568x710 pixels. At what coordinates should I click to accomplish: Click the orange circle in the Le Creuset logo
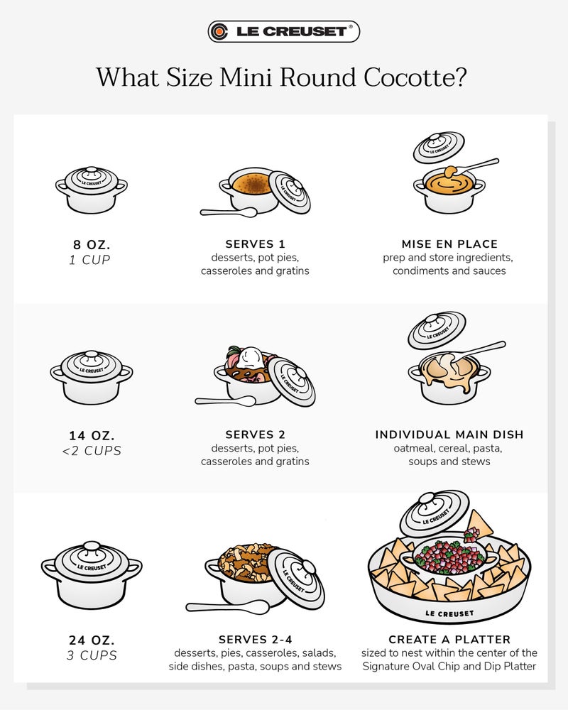pos(220,31)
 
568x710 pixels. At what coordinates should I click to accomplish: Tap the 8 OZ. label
pos(91,244)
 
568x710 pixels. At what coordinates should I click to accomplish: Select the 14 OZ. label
pos(91,435)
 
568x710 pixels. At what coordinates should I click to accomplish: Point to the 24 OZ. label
pos(91,638)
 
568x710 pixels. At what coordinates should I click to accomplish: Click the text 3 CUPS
pos(91,655)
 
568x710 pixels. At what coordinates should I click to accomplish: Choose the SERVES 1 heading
pos(255,244)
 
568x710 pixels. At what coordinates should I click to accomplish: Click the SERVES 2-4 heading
pos(255,639)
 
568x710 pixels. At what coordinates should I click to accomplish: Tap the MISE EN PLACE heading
pos(449,244)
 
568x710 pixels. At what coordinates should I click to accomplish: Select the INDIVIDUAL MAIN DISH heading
pos(449,435)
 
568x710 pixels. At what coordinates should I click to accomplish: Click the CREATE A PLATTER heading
pos(449,639)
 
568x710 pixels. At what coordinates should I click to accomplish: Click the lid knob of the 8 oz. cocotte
pos(92,170)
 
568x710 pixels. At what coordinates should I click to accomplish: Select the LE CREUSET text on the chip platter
pos(449,612)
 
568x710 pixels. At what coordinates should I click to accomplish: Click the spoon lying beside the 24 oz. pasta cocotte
pos(227,607)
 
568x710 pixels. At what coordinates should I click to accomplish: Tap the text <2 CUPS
pos(91,451)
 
